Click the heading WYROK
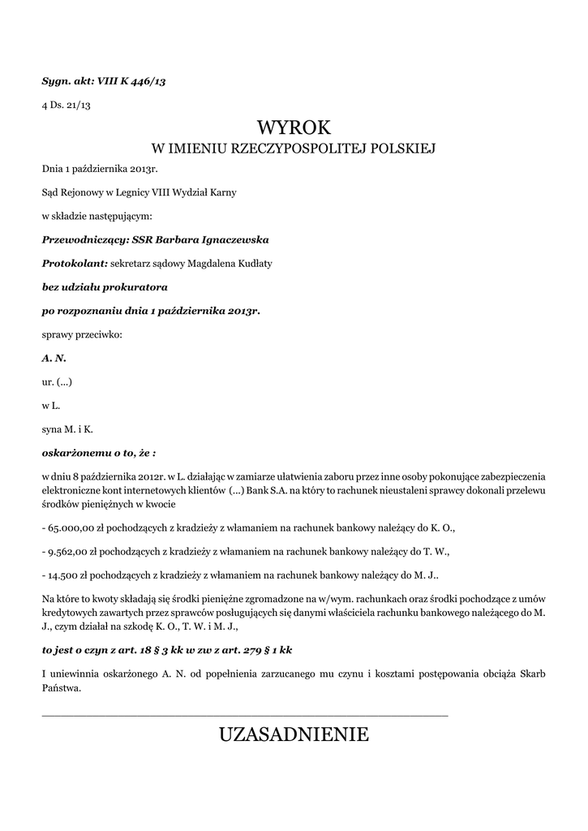pyautogui.click(x=294, y=127)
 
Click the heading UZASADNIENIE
pyautogui.click(x=294, y=735)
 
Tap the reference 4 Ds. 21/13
pyautogui.click(x=67, y=105)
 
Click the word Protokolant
pyautogui.click(x=74, y=263)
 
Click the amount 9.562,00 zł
pyautogui.click(x=77, y=551)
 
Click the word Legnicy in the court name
pyautogui.click(x=129, y=193)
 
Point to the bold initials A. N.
pyautogui.click(x=54, y=357)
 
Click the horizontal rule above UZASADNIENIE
pyautogui.click(x=244, y=715)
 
